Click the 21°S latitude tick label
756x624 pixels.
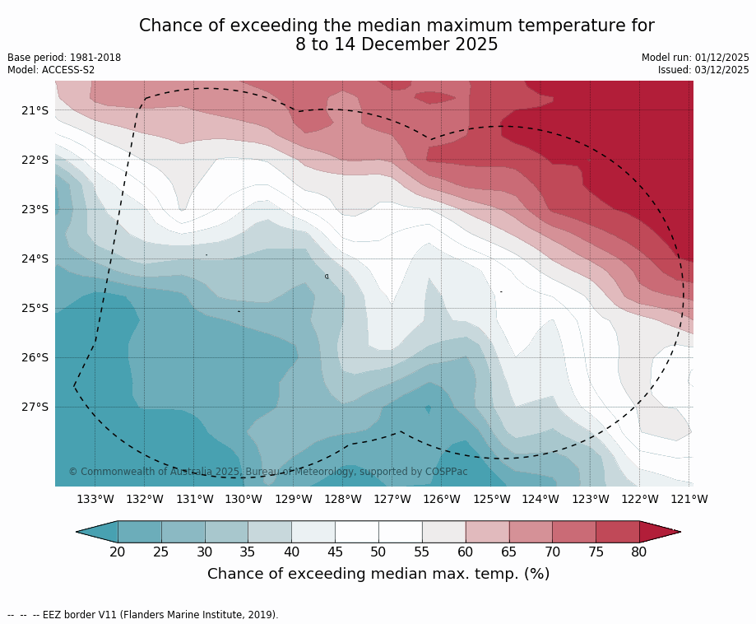click(35, 110)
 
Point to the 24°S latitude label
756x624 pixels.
click(35, 258)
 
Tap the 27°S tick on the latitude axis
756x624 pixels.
click(35, 407)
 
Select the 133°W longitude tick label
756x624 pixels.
click(95, 499)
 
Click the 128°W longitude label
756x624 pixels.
click(343, 499)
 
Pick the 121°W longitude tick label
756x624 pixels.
click(689, 499)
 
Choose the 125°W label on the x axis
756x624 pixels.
click(491, 499)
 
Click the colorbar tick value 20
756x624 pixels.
click(118, 552)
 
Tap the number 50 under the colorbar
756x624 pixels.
click(378, 552)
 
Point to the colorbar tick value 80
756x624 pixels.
click(639, 552)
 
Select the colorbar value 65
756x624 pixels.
click(509, 552)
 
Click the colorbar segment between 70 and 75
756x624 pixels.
click(574, 532)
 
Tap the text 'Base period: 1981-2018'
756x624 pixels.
click(64, 58)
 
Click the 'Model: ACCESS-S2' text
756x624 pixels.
click(51, 70)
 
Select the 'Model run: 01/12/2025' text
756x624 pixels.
click(695, 58)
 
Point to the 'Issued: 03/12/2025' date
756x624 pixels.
click(703, 70)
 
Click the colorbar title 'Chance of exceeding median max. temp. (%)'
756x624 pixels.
click(378, 574)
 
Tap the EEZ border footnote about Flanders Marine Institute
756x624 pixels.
click(143, 615)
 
